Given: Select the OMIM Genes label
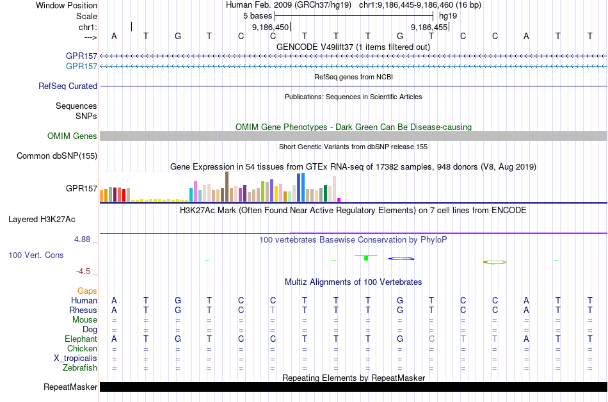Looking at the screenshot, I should click(72, 136).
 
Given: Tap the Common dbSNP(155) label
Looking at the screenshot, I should click(57, 156).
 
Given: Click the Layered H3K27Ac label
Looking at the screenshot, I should click(42, 219).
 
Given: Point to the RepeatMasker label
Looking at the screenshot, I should click(70, 387).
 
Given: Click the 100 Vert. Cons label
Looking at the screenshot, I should click(36, 255).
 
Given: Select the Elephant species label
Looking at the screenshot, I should click(81, 339).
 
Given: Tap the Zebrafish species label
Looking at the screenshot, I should click(80, 367).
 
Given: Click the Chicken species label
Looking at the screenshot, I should click(82, 348).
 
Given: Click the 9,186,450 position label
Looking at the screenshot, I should click(271, 28).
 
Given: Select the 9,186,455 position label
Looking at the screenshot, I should click(429, 28).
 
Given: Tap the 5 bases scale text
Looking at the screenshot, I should click(257, 15).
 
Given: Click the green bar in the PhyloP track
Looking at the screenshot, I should click(365, 257).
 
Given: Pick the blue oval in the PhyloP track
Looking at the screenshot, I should click(402, 258).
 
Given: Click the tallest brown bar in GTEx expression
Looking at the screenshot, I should click(227, 186).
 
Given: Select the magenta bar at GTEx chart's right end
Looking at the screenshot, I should click(339, 199).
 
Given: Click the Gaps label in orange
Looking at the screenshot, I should click(87, 291).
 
